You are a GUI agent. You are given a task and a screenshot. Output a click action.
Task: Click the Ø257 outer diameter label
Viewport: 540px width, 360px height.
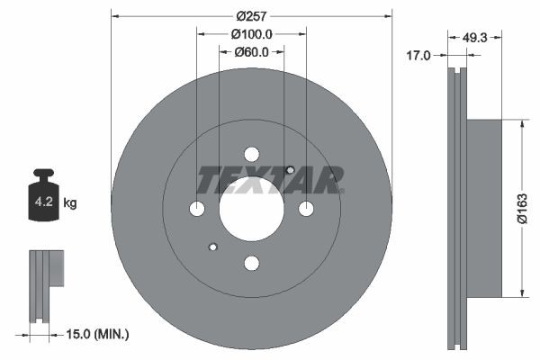251,16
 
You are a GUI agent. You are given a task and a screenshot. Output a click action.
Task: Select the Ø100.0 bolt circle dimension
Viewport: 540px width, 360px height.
251,33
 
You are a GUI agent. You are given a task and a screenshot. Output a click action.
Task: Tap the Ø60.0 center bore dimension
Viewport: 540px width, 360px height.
251,51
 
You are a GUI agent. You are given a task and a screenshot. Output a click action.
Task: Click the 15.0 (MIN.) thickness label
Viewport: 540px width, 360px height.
99,334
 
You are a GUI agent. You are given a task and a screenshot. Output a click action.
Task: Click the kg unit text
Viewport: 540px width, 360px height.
70,203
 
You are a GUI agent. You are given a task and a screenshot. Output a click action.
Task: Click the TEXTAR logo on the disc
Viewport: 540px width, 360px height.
270,181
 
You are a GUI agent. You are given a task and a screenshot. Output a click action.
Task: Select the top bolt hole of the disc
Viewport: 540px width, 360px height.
252,154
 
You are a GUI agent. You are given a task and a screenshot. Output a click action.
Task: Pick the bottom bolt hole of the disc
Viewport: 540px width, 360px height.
252,263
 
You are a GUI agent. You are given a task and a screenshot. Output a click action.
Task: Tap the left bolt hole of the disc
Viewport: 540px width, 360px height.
197,209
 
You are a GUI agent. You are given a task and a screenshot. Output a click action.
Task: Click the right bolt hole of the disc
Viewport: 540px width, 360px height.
306,209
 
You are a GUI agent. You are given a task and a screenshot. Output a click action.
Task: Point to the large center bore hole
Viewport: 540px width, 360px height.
252,208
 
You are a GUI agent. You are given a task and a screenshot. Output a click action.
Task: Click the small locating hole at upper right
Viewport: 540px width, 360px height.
290,170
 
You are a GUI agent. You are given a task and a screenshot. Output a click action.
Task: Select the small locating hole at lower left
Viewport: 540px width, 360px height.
212,247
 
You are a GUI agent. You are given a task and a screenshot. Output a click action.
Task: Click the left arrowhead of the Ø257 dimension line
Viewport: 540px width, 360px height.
115,15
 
